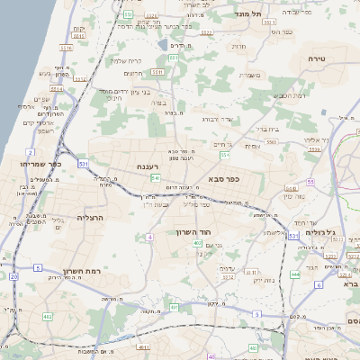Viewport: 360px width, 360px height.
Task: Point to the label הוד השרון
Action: coord(194,232)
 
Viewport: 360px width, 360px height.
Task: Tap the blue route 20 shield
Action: coord(13,276)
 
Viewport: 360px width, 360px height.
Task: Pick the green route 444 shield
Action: coord(295,273)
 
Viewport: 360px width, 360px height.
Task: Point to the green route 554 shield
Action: coord(225,155)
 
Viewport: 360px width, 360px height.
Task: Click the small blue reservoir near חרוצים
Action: coord(161,43)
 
